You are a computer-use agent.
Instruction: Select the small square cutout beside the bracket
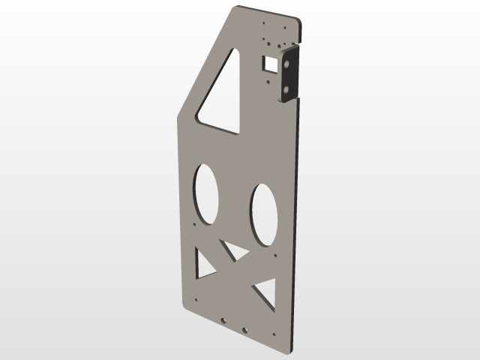[268, 64]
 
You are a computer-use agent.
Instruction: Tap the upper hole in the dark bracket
[288, 64]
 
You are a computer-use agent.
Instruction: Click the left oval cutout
[206, 193]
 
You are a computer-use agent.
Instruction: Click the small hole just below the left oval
[195, 224]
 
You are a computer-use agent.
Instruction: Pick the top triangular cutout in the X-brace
[235, 250]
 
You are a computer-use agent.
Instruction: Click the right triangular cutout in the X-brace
[265, 293]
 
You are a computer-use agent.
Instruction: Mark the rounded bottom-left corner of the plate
[181, 305]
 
